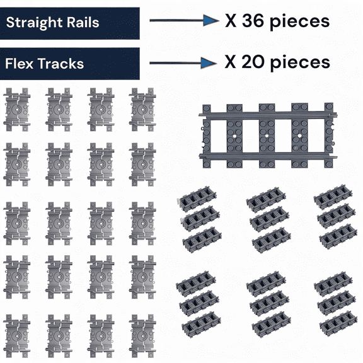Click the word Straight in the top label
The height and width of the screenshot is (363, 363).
click(30, 23)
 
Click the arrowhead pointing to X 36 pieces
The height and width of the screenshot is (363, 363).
click(210, 21)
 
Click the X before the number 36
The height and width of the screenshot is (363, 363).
click(231, 21)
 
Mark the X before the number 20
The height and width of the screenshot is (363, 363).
click(231, 62)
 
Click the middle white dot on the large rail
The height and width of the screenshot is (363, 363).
click(266, 135)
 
